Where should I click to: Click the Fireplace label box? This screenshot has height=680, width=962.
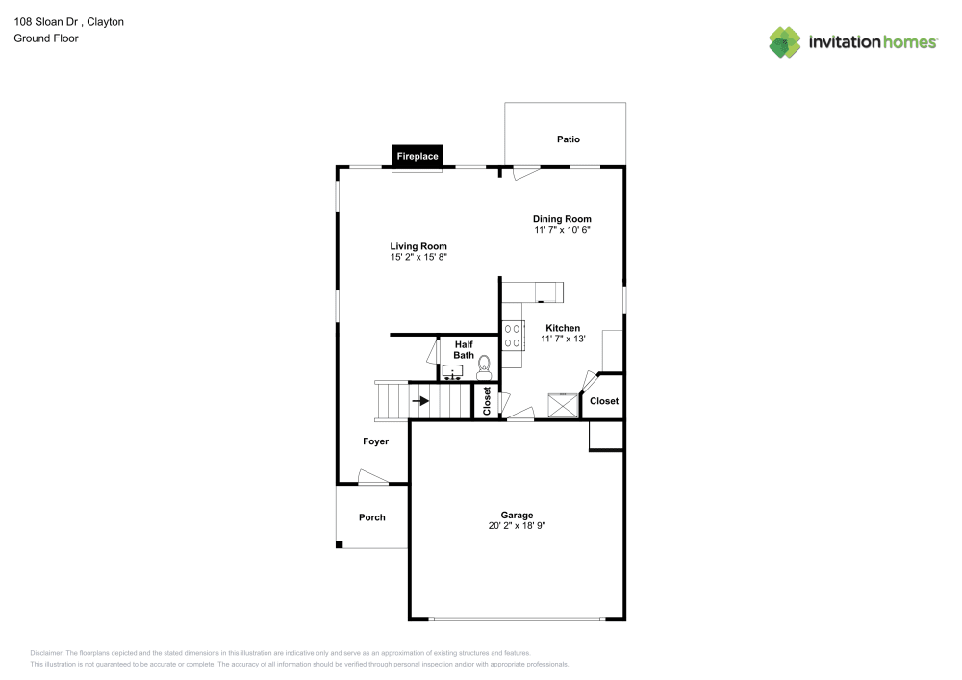(418, 156)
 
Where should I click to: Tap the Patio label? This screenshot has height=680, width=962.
(569, 139)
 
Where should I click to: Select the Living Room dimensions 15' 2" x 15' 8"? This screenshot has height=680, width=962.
(418, 257)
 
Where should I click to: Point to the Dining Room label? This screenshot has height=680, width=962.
(562, 219)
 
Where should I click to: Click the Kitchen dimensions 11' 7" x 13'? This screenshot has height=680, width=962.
(563, 339)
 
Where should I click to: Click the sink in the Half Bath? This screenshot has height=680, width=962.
(453, 372)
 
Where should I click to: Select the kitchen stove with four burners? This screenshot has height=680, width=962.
(513, 336)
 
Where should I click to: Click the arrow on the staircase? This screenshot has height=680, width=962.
(421, 401)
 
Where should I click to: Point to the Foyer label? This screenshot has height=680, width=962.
(375, 441)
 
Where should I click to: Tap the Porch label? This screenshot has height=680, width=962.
(371, 516)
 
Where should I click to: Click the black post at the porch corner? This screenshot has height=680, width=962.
(340, 544)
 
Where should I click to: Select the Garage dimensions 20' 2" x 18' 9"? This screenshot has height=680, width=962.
(517, 525)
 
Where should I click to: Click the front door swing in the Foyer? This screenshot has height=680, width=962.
(371, 477)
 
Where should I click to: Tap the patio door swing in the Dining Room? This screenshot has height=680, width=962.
(525, 173)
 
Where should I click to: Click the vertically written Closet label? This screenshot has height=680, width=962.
(487, 400)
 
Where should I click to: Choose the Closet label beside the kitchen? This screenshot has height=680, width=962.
(604, 400)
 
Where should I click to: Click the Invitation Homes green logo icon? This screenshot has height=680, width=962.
(785, 42)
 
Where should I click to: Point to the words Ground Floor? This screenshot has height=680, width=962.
(46, 38)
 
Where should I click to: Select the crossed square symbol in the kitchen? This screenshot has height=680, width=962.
(563, 405)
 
